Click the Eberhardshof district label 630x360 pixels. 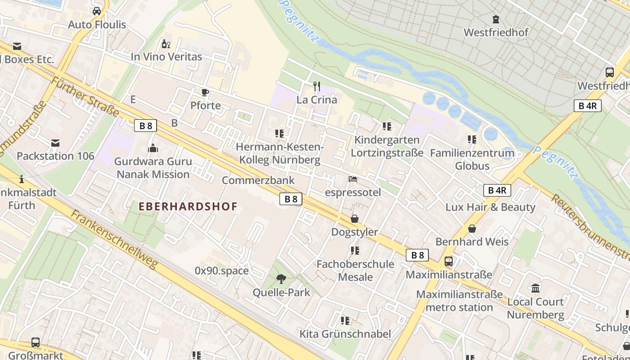188,207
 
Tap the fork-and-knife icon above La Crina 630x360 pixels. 317,86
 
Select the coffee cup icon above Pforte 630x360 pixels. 205,93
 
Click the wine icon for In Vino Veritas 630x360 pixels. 166,44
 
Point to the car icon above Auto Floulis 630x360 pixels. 97,11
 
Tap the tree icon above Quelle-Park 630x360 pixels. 281,279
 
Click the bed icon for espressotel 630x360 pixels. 353,180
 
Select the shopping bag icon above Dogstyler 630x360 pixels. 355,219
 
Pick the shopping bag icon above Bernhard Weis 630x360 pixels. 472,229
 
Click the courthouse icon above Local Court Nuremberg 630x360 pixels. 535,288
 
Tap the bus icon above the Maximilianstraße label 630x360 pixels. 449,261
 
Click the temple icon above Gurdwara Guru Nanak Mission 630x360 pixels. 153,148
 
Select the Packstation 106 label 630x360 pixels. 55,156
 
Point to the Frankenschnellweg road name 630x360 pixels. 114,239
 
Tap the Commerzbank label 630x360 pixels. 258,180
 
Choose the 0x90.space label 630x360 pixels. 221,270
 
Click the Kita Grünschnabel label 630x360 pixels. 345,334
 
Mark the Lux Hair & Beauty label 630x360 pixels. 490,207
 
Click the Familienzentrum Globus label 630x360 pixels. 472,159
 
